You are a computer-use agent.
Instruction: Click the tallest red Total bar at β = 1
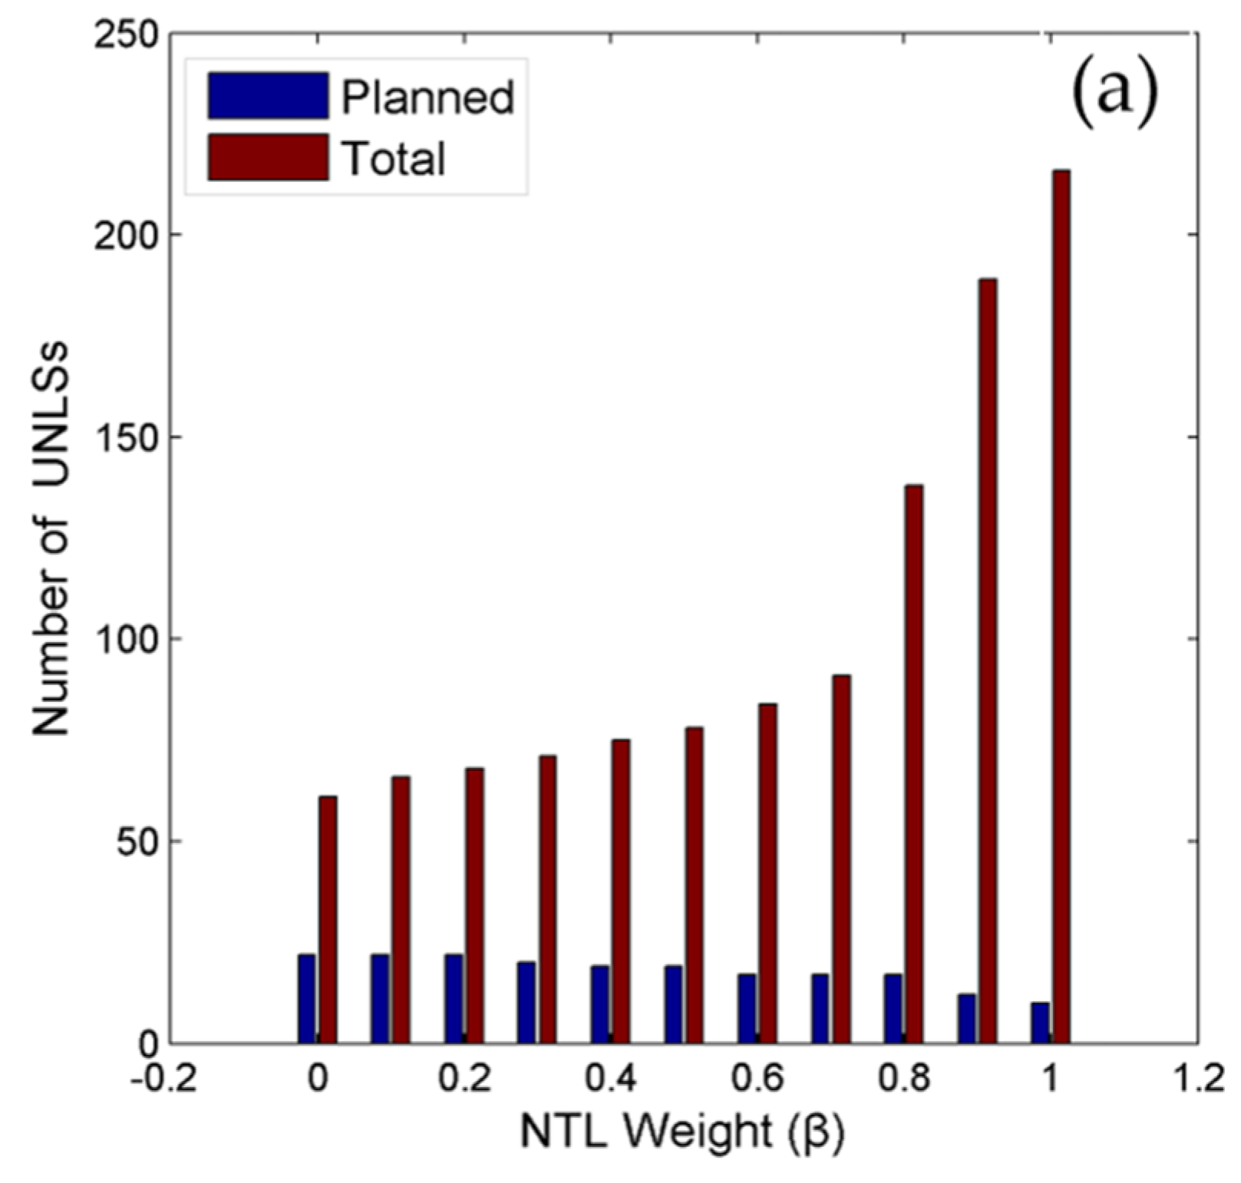pyautogui.click(x=1061, y=606)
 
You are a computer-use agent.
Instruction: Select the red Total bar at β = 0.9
pyautogui.click(x=987, y=660)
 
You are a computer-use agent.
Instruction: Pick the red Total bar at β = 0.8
pyautogui.click(x=913, y=763)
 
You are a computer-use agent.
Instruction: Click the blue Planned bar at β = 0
pyautogui.click(x=306, y=998)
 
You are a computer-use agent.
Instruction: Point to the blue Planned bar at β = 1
pyautogui.click(x=1040, y=1022)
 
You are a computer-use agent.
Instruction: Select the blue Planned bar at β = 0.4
pyautogui.click(x=599, y=1003)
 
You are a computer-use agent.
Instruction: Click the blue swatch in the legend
pyautogui.click(x=267, y=96)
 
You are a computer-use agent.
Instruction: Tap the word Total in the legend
pyautogui.click(x=393, y=159)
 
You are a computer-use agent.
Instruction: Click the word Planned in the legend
pyautogui.click(x=427, y=97)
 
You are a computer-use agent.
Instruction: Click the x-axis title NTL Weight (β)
pyautogui.click(x=682, y=1132)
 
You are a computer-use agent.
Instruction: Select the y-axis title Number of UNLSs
pyautogui.click(x=51, y=537)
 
